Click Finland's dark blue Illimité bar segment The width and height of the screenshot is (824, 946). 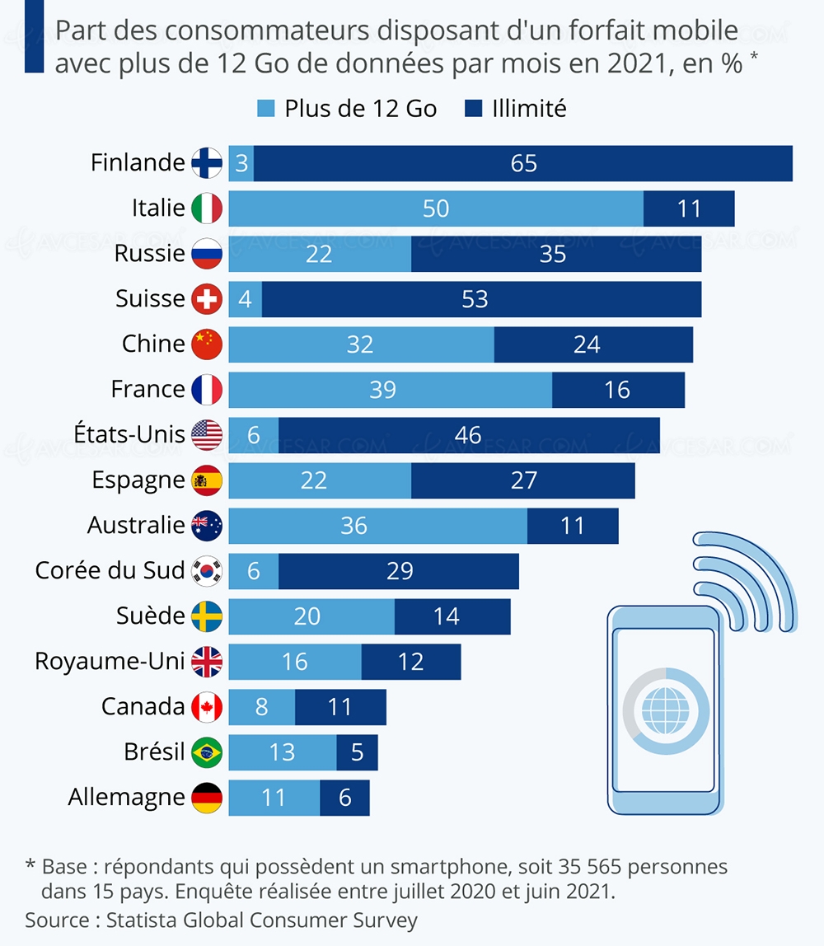click(523, 163)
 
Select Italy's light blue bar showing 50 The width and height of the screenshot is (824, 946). click(436, 208)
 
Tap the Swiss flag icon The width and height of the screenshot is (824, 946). click(207, 299)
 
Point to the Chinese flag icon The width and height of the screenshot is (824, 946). click(207, 344)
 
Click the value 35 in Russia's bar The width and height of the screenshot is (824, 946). click(553, 254)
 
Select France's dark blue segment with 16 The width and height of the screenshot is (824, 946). click(617, 390)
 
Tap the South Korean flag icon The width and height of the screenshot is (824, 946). click(207, 571)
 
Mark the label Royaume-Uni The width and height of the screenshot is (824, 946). click(110, 661)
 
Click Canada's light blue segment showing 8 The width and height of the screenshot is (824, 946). click(261, 707)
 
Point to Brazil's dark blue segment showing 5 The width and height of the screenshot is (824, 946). click(357, 752)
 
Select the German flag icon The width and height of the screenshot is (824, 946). click(207, 798)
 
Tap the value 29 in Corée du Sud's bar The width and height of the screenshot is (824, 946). click(400, 571)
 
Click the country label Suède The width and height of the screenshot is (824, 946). click(150, 616)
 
